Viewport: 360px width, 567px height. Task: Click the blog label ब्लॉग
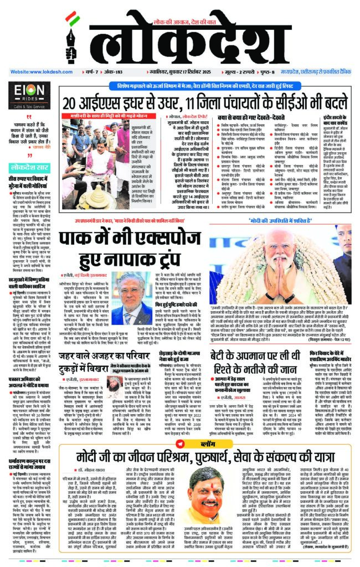pyautogui.click(x=191, y=429)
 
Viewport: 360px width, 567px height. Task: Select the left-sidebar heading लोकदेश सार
pyautogui.click(x=30, y=182)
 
